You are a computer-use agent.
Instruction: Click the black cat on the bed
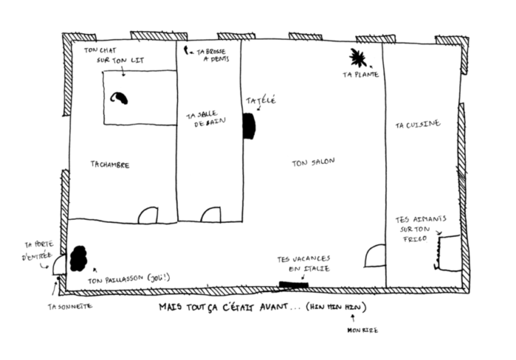(x=118, y=98)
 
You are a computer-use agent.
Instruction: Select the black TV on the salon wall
(x=249, y=126)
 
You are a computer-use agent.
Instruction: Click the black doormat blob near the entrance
(x=78, y=259)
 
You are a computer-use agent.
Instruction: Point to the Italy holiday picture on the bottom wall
(x=294, y=284)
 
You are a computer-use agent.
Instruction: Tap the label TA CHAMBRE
(x=110, y=164)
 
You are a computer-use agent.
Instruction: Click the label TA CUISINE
(x=418, y=124)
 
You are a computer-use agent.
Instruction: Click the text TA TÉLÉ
(x=261, y=100)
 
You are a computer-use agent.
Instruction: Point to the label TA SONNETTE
(x=70, y=306)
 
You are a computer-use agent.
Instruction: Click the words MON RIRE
(x=363, y=330)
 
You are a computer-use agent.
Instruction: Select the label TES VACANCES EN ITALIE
(x=303, y=264)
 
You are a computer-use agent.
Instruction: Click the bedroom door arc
(x=148, y=215)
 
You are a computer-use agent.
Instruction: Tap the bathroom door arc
(x=211, y=215)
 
